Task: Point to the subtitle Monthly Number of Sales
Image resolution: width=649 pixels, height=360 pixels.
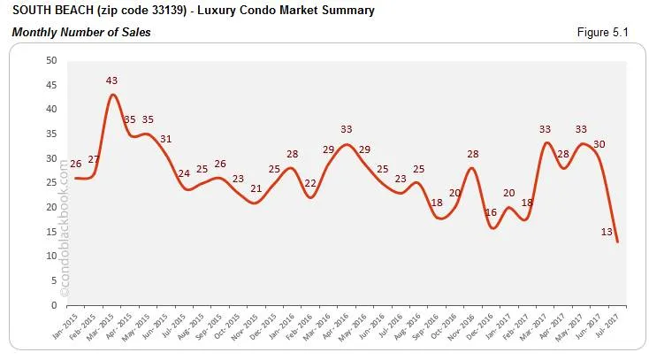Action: click(80, 33)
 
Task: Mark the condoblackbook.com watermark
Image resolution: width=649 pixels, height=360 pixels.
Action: click(63, 226)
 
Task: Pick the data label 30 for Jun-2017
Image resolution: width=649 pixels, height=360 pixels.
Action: click(599, 144)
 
